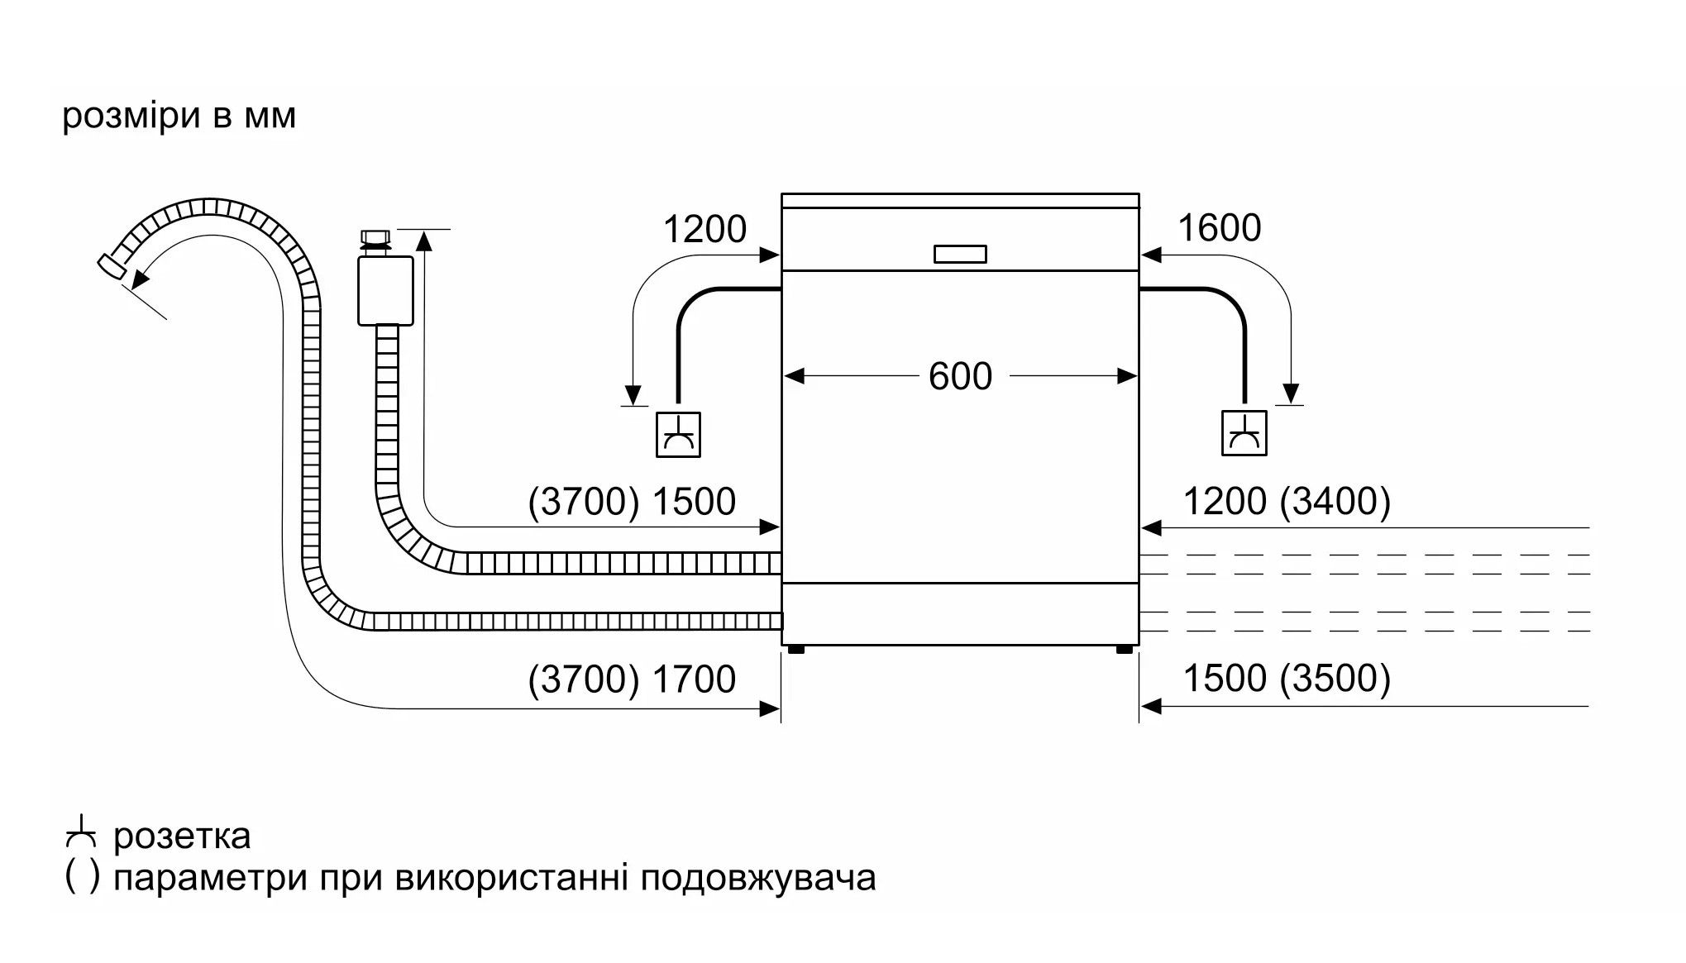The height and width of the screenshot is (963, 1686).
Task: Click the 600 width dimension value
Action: pos(959,376)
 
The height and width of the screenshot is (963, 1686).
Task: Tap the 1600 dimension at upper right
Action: pos(1219,228)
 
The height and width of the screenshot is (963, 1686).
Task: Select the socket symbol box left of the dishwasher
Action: pos(678,434)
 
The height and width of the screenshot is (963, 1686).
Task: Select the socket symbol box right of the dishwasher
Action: pos(1244,433)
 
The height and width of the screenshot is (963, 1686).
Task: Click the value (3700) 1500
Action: pos(632,502)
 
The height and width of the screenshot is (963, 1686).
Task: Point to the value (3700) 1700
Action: pos(632,679)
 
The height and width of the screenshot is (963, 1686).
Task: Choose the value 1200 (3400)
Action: pos(1287,502)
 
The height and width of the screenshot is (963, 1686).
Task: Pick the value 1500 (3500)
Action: pos(1287,679)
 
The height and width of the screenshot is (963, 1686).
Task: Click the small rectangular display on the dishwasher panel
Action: pos(960,254)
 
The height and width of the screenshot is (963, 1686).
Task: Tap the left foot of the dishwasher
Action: pos(796,650)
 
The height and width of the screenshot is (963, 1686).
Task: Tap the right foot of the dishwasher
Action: pos(1125,650)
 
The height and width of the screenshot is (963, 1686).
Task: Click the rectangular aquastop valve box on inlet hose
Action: pos(385,290)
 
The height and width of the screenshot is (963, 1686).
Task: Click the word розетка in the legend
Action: pos(182,837)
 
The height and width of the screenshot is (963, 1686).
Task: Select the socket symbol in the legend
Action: pos(81,832)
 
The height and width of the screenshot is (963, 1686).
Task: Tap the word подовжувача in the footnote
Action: pos(758,878)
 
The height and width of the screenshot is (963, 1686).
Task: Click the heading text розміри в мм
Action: pos(179,116)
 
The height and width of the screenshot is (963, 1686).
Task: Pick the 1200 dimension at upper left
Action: pos(704,229)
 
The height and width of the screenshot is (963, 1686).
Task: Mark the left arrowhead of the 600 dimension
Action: pos(794,377)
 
